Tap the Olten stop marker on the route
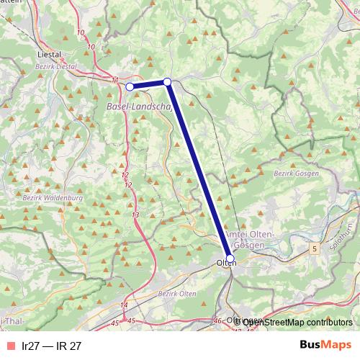point(230,258)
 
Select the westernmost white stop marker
point(130,86)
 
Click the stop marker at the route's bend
point(167,82)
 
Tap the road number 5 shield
point(315,248)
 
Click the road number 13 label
point(135,215)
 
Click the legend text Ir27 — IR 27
point(52,346)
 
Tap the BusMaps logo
point(325,345)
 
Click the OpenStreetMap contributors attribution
point(297,322)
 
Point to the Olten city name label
point(226,264)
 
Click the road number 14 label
point(124,306)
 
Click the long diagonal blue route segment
point(198,169)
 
